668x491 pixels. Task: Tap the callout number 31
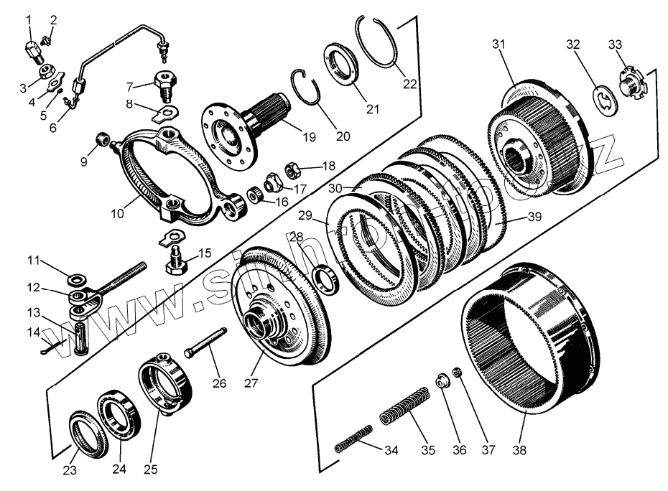point(499,45)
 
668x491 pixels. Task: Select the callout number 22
point(409,83)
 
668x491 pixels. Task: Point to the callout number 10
point(118,213)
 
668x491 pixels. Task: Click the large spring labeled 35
point(404,405)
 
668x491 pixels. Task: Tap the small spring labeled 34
point(354,439)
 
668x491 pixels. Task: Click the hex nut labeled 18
point(293,171)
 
